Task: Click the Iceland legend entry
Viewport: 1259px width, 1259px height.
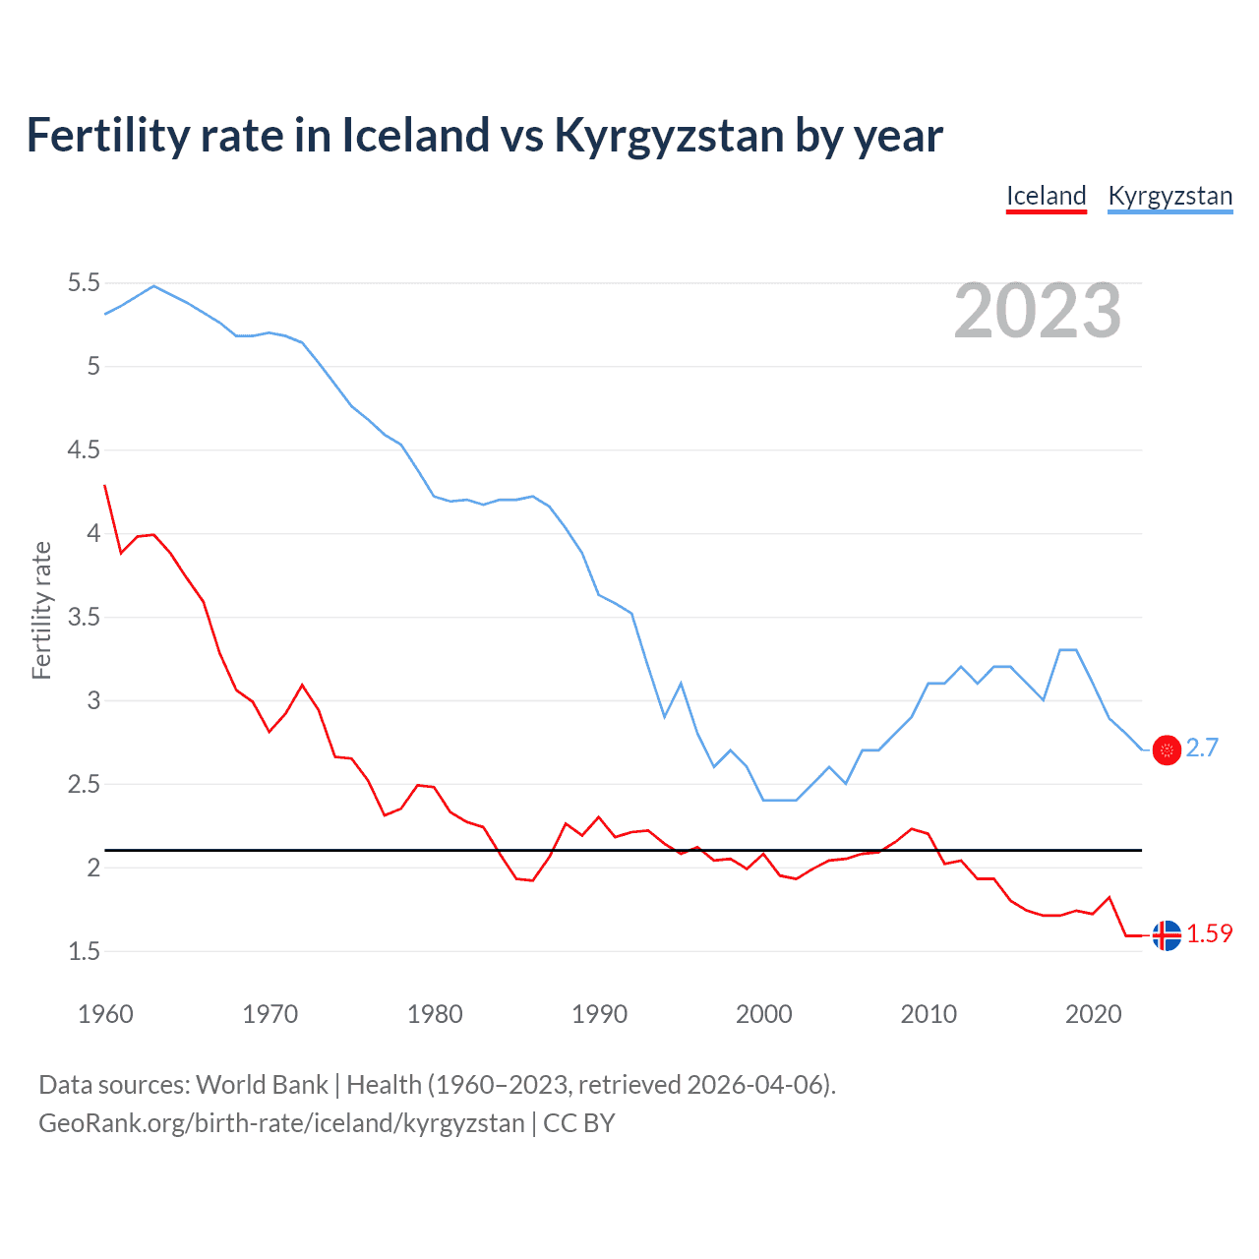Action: tap(1046, 196)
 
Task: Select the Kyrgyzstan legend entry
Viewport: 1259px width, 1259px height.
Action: tap(1169, 196)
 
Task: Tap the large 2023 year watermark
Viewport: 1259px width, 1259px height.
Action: tap(1037, 311)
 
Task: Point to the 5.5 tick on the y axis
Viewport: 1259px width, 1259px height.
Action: tap(84, 283)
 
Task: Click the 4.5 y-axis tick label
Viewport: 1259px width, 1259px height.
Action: tap(84, 450)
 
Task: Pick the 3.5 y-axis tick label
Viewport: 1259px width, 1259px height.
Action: tap(84, 618)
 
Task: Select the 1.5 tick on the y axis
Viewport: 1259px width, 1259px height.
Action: tap(84, 951)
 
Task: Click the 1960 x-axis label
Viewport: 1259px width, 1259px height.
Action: tap(105, 1014)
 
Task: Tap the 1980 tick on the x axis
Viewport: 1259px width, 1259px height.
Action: tap(435, 1014)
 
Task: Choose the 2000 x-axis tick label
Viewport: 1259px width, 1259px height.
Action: tap(763, 1014)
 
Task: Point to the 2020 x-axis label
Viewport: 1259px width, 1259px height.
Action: tap(1093, 1014)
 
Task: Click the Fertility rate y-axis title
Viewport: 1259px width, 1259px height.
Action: tap(41, 610)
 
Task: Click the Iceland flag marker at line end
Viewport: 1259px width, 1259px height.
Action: tap(1167, 935)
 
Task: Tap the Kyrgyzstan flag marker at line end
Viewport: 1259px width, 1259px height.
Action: tap(1167, 749)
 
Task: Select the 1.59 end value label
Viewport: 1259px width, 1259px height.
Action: tap(1209, 934)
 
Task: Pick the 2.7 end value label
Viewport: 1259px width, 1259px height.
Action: tap(1202, 749)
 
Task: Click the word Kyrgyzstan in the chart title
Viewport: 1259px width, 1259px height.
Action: tap(668, 136)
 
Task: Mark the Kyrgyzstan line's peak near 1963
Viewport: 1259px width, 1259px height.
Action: tap(153, 286)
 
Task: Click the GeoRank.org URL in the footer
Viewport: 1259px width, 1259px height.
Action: tap(281, 1123)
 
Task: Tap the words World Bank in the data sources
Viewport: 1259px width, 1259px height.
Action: tap(262, 1085)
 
